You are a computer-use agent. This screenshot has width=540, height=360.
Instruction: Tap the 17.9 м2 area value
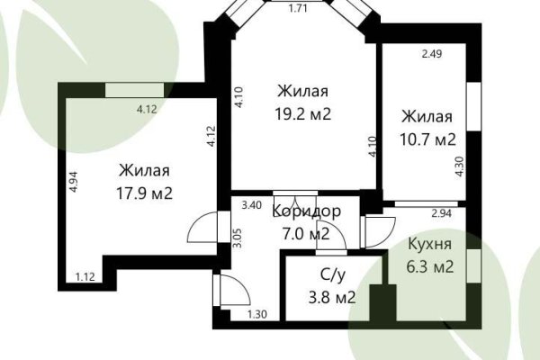click(x=144, y=193)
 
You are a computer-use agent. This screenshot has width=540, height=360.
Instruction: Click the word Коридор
click(x=306, y=212)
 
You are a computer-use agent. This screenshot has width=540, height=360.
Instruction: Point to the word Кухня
click(x=429, y=244)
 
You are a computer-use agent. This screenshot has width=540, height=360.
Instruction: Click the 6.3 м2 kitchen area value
click(x=429, y=266)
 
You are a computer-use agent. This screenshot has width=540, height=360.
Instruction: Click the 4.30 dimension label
click(x=460, y=168)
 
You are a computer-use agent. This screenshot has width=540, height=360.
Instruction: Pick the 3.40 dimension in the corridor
click(x=251, y=205)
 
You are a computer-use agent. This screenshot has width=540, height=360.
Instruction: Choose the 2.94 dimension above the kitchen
click(x=442, y=213)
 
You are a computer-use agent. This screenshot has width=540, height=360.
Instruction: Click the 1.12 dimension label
click(x=86, y=276)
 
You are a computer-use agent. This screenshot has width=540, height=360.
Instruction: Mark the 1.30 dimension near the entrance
click(x=256, y=314)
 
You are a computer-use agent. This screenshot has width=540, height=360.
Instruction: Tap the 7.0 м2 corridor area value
click(x=301, y=235)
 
